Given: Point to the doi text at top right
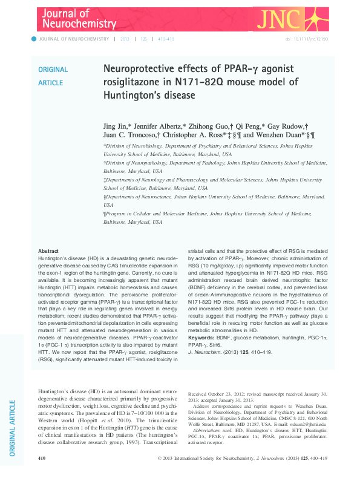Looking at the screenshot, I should tap(305, 39).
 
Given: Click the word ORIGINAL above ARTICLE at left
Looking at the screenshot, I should tap(53, 70).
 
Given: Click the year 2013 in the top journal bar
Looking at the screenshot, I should tap(125, 39).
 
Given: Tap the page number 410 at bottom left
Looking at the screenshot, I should tap(42, 475).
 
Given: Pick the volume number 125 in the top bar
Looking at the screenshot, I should tap(144, 39).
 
